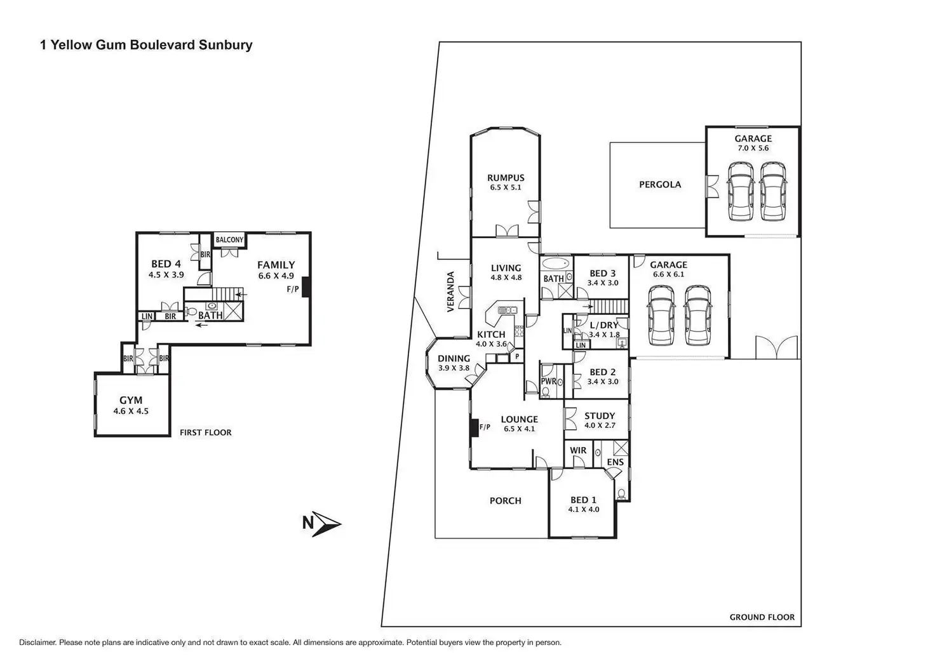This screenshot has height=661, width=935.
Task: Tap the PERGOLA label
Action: point(659,185)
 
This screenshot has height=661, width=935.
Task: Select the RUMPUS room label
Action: point(506,178)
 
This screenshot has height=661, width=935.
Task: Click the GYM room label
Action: point(131,400)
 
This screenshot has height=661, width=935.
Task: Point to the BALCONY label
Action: point(229,240)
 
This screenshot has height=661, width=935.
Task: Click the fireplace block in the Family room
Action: point(306,287)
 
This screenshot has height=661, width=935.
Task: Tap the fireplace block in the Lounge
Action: point(473,428)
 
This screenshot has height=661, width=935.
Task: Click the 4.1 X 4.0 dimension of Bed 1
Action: point(583,509)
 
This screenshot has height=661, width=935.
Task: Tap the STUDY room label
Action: point(600,417)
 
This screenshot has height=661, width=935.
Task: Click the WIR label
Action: point(578,450)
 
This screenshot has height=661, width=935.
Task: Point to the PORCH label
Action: point(505,501)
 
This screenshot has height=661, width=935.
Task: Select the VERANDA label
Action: point(451,291)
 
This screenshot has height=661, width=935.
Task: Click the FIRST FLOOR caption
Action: point(205,432)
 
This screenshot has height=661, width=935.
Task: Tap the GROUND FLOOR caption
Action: point(762,617)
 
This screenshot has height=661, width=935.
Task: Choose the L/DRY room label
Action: point(603,325)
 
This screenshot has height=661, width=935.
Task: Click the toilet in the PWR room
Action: point(546,392)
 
